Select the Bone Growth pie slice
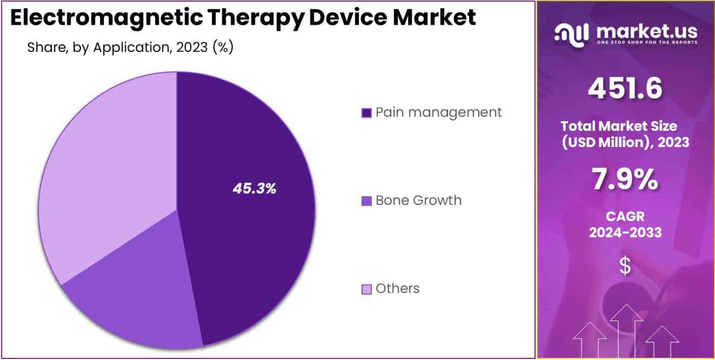click(x=135, y=292)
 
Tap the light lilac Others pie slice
click(x=108, y=162)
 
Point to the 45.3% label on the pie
click(x=255, y=189)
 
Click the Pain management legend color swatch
click(x=366, y=113)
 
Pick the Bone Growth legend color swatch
click(x=366, y=201)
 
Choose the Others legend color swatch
click(x=366, y=289)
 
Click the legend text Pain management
click(x=438, y=112)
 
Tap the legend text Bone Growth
click(x=418, y=201)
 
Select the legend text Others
click(x=397, y=289)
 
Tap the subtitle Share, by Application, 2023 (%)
click(x=130, y=48)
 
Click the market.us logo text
click(x=646, y=32)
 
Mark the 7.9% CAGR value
click(x=625, y=179)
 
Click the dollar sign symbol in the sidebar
click(x=625, y=266)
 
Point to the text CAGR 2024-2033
click(x=625, y=225)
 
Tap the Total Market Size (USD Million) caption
click(x=625, y=134)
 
